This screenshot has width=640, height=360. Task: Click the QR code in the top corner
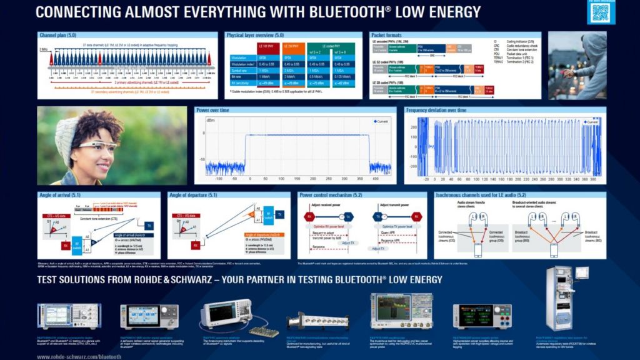pos(601,12)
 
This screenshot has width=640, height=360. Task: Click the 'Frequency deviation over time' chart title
pos(436,111)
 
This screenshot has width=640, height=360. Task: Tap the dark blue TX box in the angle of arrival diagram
pos(149,226)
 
